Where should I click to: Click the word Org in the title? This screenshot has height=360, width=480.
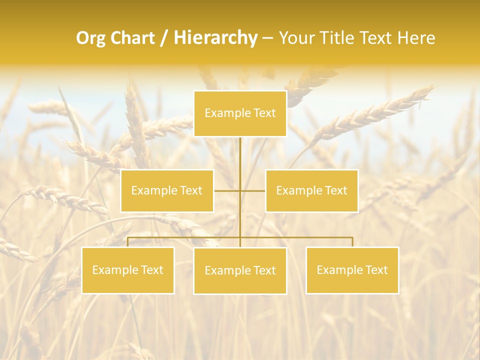click(91, 38)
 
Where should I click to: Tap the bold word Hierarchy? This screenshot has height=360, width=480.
click(215, 38)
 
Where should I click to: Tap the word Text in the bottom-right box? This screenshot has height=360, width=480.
click(376, 270)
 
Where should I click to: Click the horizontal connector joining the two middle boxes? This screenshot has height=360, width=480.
click(227, 190)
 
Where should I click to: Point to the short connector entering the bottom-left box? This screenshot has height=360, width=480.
click(128, 242)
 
